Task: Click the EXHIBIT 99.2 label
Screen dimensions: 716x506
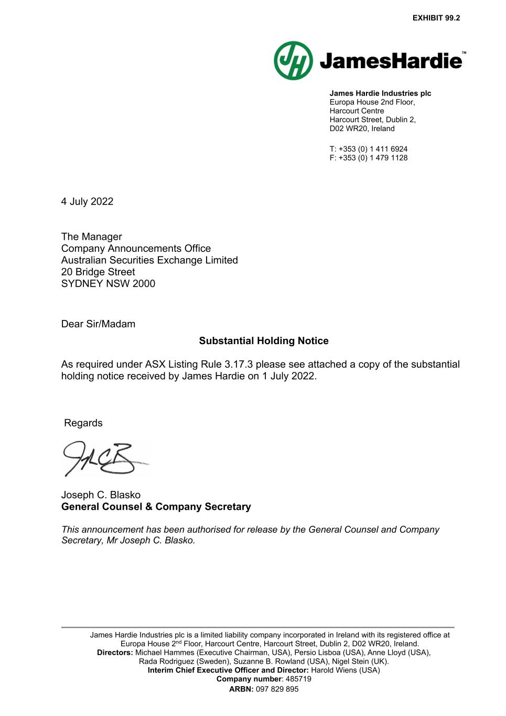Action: (436, 18)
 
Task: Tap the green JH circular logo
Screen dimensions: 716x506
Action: (293, 61)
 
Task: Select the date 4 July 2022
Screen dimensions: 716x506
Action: (87, 201)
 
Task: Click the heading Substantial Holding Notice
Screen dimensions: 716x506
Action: (264, 341)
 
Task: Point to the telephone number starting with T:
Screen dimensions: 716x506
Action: (368, 149)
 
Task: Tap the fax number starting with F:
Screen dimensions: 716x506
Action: (368, 158)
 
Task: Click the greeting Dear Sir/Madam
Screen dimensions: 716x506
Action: (98, 324)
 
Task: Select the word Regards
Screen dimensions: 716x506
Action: (83, 423)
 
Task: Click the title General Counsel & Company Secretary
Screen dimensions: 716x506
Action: (156, 507)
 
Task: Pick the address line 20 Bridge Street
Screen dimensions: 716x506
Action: (98, 272)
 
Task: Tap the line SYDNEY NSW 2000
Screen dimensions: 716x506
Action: (108, 284)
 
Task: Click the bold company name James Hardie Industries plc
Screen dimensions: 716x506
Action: (380, 93)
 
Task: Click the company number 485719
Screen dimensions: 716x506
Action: (298, 679)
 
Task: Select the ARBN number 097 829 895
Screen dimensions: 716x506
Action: (277, 689)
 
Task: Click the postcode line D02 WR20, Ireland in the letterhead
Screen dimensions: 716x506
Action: (362, 129)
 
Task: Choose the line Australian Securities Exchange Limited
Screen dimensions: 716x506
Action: (149, 260)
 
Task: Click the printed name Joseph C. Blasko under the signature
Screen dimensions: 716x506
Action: (101, 495)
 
